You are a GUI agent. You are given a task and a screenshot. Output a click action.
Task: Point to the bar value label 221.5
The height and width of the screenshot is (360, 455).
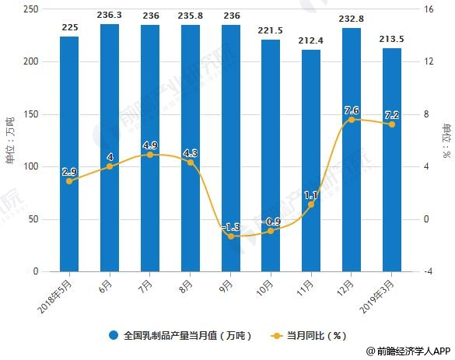270,30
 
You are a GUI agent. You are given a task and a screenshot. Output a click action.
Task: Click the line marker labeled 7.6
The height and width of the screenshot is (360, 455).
351,120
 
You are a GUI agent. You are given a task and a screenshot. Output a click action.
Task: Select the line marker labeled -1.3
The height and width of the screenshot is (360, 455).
230,236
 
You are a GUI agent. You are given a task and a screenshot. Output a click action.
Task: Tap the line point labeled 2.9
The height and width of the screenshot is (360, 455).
69,181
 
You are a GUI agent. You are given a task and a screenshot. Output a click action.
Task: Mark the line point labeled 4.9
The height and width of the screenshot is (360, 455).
150,155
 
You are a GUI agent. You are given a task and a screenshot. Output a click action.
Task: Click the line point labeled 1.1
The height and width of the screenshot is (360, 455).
310,204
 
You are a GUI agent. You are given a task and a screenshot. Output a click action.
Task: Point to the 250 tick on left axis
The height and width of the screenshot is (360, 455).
32,9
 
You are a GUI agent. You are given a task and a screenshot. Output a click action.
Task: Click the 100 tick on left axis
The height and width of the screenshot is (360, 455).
32,167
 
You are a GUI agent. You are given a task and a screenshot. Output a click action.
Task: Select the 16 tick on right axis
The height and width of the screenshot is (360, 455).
426,9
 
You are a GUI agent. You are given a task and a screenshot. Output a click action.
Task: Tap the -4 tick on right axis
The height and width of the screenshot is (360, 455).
426,272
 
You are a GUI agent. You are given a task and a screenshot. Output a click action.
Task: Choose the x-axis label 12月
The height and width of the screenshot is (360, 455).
347,285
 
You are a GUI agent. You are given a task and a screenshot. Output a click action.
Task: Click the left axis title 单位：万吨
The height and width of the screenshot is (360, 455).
10,140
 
